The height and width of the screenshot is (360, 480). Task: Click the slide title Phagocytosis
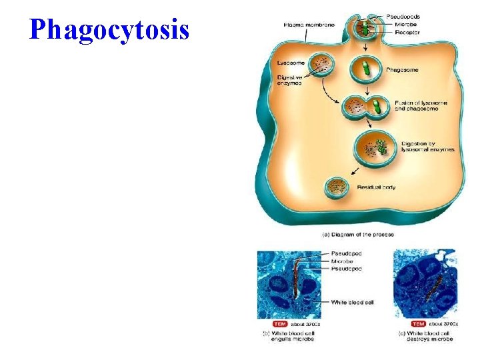point(109,29)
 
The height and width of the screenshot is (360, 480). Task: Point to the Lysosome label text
point(291,63)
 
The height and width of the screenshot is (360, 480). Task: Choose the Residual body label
point(377,187)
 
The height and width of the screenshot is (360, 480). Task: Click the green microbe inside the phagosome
point(366,68)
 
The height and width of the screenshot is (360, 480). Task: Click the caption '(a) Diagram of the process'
point(358,234)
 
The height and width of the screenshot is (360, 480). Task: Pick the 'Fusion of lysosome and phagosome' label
point(419,105)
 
